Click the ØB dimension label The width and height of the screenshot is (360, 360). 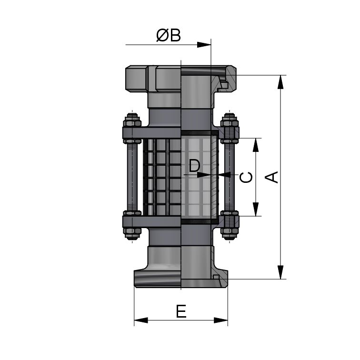tap(169, 35)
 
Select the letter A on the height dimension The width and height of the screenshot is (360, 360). tap(271, 177)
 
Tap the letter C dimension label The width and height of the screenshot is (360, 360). tap(246, 177)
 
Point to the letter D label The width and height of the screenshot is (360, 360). tap(194, 166)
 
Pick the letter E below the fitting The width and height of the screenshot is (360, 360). tap(181, 311)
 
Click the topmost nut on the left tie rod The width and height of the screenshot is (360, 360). tap(131, 119)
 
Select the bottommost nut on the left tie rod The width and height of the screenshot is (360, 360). tap(131, 233)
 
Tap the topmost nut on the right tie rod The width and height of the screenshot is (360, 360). tap(230, 119)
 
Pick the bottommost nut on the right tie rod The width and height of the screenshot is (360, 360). tap(230, 233)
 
